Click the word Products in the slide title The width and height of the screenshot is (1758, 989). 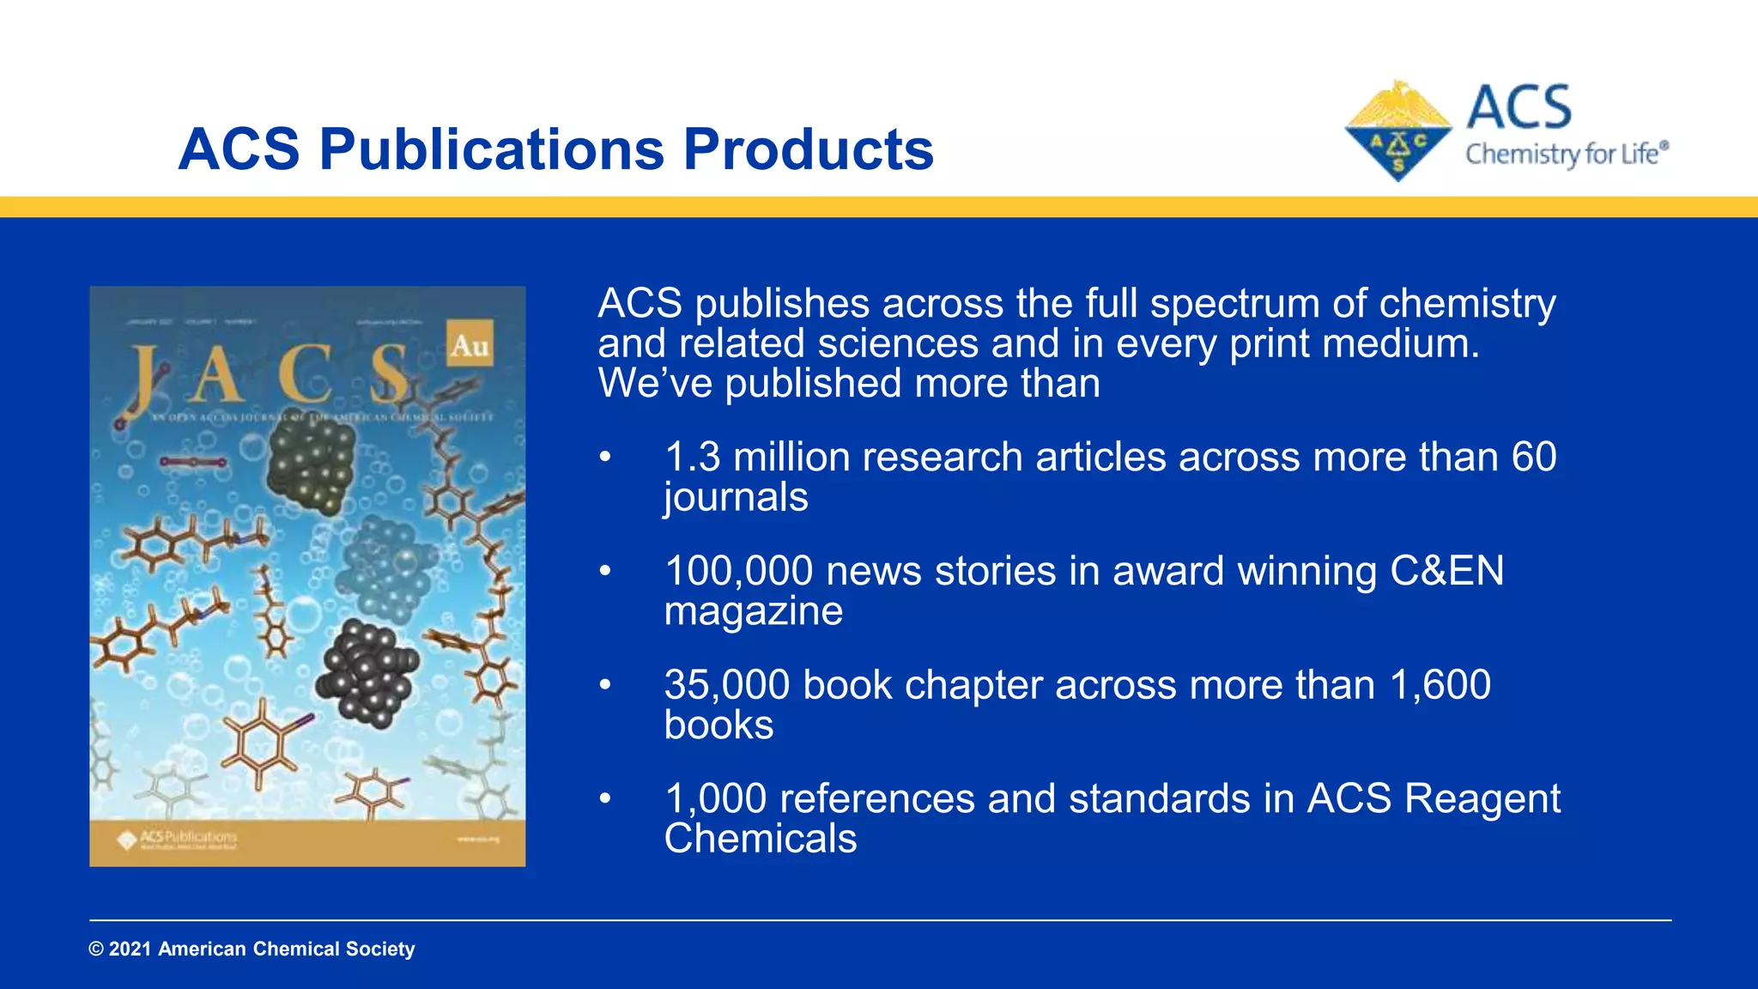[x=808, y=150]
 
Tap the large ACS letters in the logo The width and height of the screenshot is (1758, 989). [x=1519, y=108]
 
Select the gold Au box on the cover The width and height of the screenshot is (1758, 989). [x=470, y=344]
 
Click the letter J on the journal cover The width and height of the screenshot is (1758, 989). [x=145, y=375]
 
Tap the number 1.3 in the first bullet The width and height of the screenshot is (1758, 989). [x=692, y=457]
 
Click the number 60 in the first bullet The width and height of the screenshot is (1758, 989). [x=1533, y=457]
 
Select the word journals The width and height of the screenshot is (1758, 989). [x=736, y=497]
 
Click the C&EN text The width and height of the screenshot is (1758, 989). [x=1446, y=571]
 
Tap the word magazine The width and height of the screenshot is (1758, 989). [x=753, y=611]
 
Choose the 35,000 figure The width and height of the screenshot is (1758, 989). [x=726, y=685]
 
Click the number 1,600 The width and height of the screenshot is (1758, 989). [x=1440, y=685]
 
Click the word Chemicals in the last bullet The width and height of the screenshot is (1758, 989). [x=760, y=839]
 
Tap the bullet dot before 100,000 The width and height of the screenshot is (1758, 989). [x=605, y=571]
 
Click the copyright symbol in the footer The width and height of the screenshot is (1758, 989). [x=96, y=950]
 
